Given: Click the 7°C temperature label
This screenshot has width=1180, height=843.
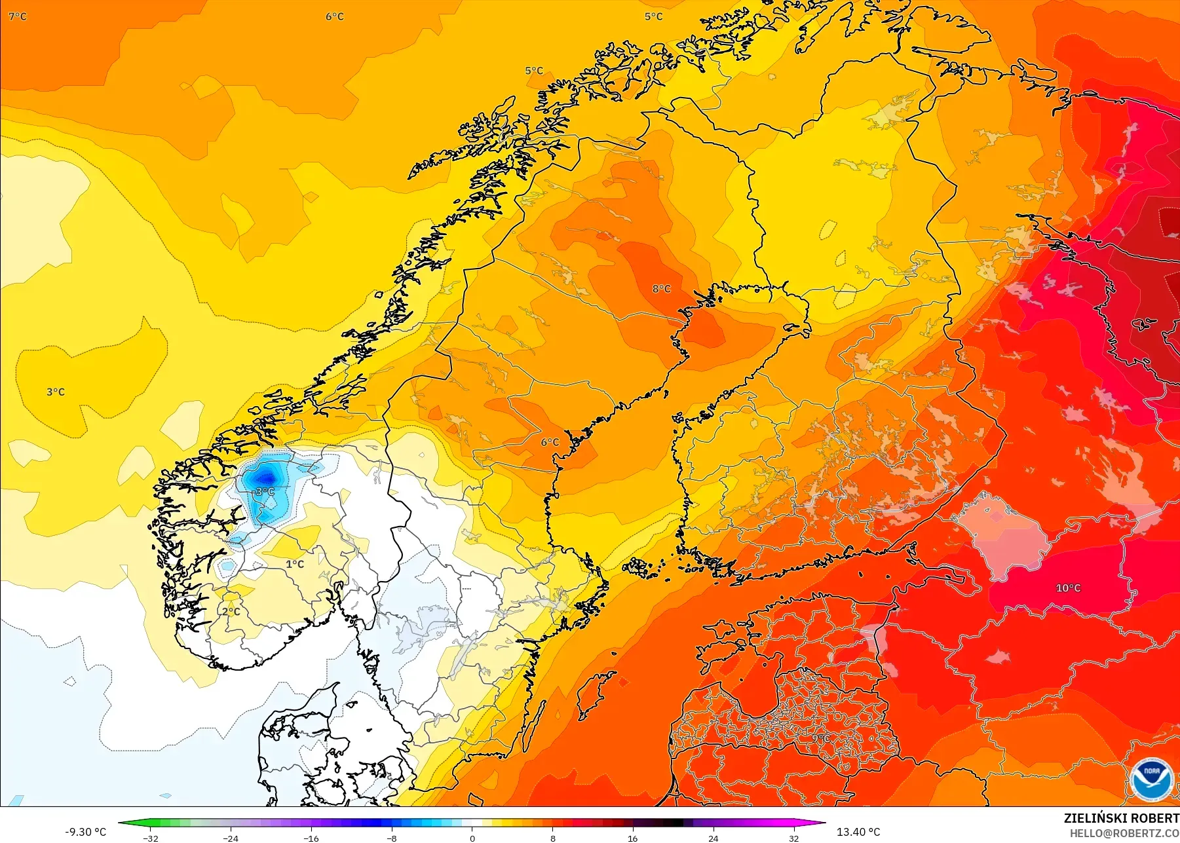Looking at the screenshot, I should coord(18,16).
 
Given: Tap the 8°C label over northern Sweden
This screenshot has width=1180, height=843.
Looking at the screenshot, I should coord(661,289).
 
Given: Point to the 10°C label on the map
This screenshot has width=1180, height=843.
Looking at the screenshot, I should coord(1068,588).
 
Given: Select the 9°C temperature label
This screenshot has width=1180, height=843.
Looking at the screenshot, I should coord(821,738).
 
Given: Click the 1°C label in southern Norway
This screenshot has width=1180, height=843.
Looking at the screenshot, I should coord(295,564).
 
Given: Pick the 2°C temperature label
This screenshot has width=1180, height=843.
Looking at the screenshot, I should coord(231,611).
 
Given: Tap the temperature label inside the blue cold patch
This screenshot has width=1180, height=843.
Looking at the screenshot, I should coord(264,491).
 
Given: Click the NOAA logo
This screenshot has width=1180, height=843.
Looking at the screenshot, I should coord(1151,779).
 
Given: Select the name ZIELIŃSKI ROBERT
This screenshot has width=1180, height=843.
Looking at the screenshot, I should coord(1121,818).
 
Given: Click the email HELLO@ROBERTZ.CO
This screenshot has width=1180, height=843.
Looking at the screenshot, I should coord(1124,833).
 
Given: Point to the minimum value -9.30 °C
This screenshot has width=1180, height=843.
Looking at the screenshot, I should coord(85,832).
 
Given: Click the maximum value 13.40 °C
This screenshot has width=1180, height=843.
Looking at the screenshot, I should coord(858,832).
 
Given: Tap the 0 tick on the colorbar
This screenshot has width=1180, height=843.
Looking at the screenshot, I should coord(472,838).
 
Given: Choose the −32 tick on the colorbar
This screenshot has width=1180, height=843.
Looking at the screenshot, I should coord(151,838).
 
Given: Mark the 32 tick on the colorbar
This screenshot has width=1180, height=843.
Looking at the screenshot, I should coord(793,838).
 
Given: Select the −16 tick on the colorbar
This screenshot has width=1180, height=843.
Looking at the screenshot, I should coord(311,838).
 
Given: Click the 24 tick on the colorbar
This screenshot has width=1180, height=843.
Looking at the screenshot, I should coord(713,838).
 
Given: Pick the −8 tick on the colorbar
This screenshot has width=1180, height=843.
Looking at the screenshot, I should coord(391,838).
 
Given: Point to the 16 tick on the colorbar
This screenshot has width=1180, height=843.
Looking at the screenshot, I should coord(632,838).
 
